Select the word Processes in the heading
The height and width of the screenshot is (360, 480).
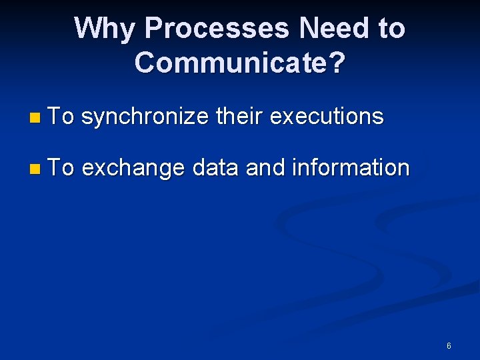coord(217,29)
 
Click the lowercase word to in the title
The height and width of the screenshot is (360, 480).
coord(389,29)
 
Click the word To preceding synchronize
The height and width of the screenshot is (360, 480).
coord(61,117)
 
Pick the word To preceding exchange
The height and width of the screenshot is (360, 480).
coord(61,168)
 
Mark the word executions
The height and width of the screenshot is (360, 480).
coord(327,117)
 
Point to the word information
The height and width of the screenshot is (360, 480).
coord(351,168)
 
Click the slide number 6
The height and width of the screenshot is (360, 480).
coord(449,345)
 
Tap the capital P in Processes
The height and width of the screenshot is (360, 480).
coord(153,29)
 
